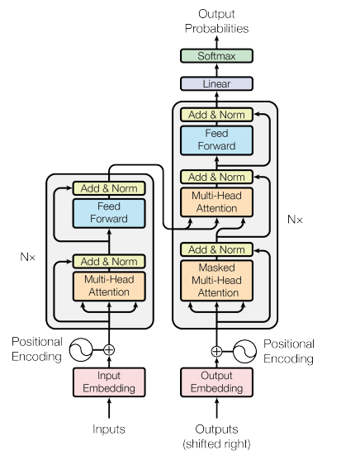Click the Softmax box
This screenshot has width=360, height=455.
tap(216, 56)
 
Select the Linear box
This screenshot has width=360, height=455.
tap(216, 83)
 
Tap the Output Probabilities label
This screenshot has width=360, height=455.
tap(216, 21)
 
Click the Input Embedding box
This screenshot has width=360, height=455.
tap(109, 382)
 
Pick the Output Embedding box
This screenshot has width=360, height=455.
tap(216, 382)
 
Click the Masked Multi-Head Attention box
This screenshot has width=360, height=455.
tap(216, 280)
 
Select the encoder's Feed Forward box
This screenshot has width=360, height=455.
tap(109, 212)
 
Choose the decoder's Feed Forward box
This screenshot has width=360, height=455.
tap(216, 140)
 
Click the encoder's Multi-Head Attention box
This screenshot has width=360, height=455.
tap(109, 286)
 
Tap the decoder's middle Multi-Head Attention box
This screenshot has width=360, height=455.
tap(216, 202)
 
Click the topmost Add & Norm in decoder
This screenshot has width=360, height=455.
tap(216, 115)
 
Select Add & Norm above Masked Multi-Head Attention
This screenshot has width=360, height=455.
tap(216, 249)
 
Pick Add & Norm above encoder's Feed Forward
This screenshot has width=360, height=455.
tap(109, 188)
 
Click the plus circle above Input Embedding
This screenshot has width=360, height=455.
tap(109, 349)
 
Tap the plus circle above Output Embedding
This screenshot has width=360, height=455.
tap(216, 350)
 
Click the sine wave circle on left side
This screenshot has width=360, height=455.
tap(80, 349)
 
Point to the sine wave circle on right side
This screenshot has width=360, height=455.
tap(245, 350)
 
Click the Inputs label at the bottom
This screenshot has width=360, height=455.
tap(109, 429)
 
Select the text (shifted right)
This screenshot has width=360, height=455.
tap(216, 443)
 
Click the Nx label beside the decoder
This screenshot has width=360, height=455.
tap(295, 220)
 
